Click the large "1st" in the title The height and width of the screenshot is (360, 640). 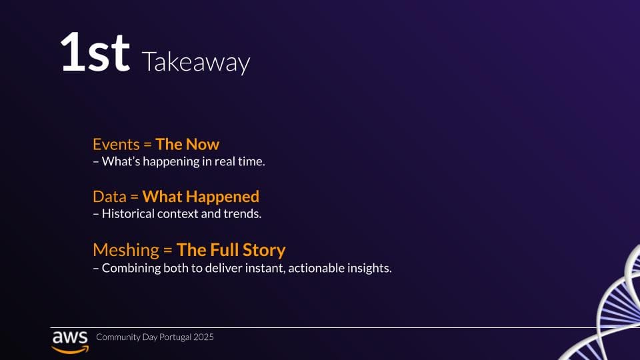coord(95,52)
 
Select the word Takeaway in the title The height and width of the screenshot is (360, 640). coord(196,63)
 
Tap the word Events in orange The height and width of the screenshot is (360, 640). coord(116,145)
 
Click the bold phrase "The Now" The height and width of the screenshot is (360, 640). coord(187,145)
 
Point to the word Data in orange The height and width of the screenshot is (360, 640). coord(109,197)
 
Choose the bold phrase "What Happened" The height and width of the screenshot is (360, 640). coord(201,197)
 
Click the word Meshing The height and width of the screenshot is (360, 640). coord(126,250)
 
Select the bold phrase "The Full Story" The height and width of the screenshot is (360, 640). coord(231,250)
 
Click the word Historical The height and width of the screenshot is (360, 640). coord(128,213)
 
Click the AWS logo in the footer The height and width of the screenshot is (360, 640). coord(70,342)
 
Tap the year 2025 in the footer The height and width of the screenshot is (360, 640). coord(204,337)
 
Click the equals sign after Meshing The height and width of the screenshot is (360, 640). coord(168,250)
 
